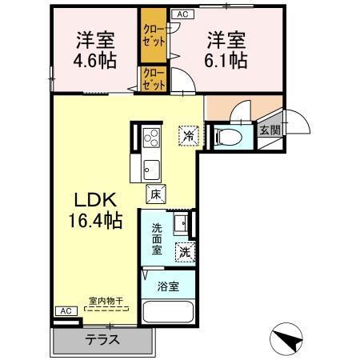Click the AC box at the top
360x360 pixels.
tap(182, 14)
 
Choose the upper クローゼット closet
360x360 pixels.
tap(152, 36)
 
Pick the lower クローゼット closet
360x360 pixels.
tap(152, 78)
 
